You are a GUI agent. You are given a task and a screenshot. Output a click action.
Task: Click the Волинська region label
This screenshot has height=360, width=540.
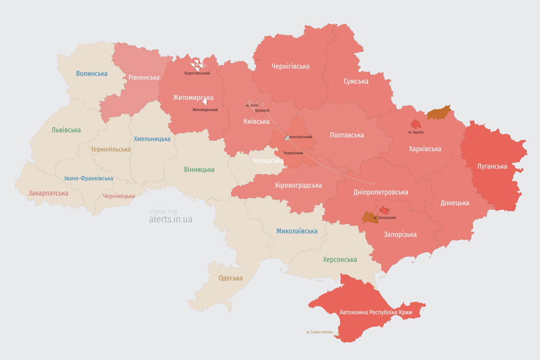pos(92,74)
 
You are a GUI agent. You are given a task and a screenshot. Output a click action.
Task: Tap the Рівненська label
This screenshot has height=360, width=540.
pos(144,77)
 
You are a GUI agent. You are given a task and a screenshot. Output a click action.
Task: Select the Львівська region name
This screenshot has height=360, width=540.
pos(66,130)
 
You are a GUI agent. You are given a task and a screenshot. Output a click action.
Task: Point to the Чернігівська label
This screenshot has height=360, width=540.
pos(290,66)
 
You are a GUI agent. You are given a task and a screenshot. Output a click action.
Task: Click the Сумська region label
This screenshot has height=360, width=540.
pos(356,81)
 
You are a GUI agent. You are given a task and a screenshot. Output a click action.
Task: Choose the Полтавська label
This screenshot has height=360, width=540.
pos(347,135)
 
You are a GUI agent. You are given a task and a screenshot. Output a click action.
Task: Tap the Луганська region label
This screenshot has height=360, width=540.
pos(492,166)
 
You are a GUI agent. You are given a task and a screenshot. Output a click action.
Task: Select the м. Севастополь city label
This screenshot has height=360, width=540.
pos(320,332)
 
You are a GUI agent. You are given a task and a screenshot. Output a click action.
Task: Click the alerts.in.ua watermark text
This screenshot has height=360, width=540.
pos(171,219)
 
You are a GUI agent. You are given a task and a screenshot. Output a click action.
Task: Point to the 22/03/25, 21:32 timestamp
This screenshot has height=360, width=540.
pos(163,212)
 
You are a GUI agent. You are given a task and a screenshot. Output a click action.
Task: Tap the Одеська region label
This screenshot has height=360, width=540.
pos(231,278)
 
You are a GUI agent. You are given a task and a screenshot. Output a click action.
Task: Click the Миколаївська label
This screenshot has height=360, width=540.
pos(297,231)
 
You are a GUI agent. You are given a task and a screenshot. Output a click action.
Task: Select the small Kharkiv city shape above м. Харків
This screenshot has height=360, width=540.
pos(416,124)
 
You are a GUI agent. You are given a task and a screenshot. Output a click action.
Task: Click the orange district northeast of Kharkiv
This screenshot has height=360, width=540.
pos(439,113)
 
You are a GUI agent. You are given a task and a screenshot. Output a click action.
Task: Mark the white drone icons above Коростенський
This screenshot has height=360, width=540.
pos(197,65)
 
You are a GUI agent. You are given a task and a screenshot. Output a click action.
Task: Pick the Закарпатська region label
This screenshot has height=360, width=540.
pos(48,193)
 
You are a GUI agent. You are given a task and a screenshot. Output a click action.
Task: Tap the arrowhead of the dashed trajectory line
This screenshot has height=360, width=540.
pos(373,184)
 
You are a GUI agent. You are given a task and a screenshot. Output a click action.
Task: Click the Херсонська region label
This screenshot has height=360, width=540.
pos(340,259)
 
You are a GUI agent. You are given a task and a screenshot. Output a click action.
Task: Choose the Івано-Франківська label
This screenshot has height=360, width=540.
pos(89,179)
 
